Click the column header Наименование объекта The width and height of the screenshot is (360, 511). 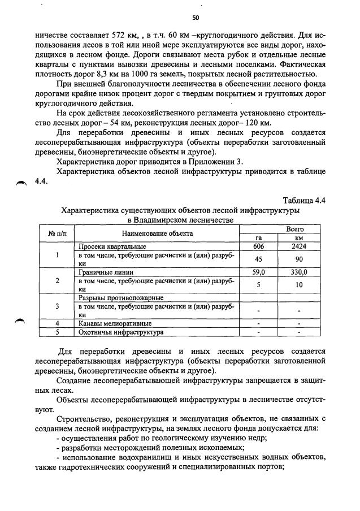157,233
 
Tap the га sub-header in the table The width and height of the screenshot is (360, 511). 258,238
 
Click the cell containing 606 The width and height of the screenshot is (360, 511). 258,246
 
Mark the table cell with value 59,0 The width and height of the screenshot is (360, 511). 258,272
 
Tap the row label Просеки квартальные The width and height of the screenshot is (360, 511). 112,246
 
